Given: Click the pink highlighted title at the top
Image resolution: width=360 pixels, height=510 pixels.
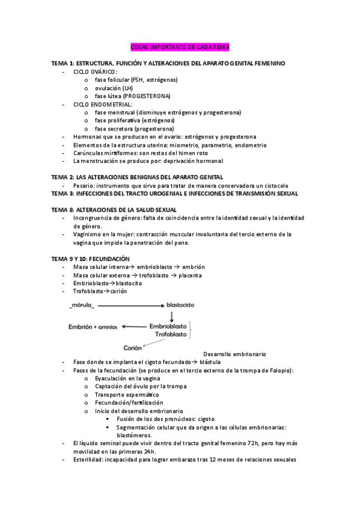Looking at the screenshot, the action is [180, 46].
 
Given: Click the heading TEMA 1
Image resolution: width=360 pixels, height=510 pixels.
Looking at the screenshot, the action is [63, 63].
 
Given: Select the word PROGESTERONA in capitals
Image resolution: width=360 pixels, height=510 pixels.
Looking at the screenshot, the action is [148, 96].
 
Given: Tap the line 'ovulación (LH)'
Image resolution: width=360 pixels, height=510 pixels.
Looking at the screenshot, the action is [114, 88].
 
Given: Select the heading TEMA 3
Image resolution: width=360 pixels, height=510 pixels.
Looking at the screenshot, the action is [63, 194].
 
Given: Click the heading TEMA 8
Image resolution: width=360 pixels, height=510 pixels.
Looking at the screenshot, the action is [63, 209].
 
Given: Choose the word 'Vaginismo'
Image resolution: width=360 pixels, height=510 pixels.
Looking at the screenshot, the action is [87, 234].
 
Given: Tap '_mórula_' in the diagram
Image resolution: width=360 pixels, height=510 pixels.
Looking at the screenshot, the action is [82, 306].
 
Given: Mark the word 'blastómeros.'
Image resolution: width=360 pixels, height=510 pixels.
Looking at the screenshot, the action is [134, 435].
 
